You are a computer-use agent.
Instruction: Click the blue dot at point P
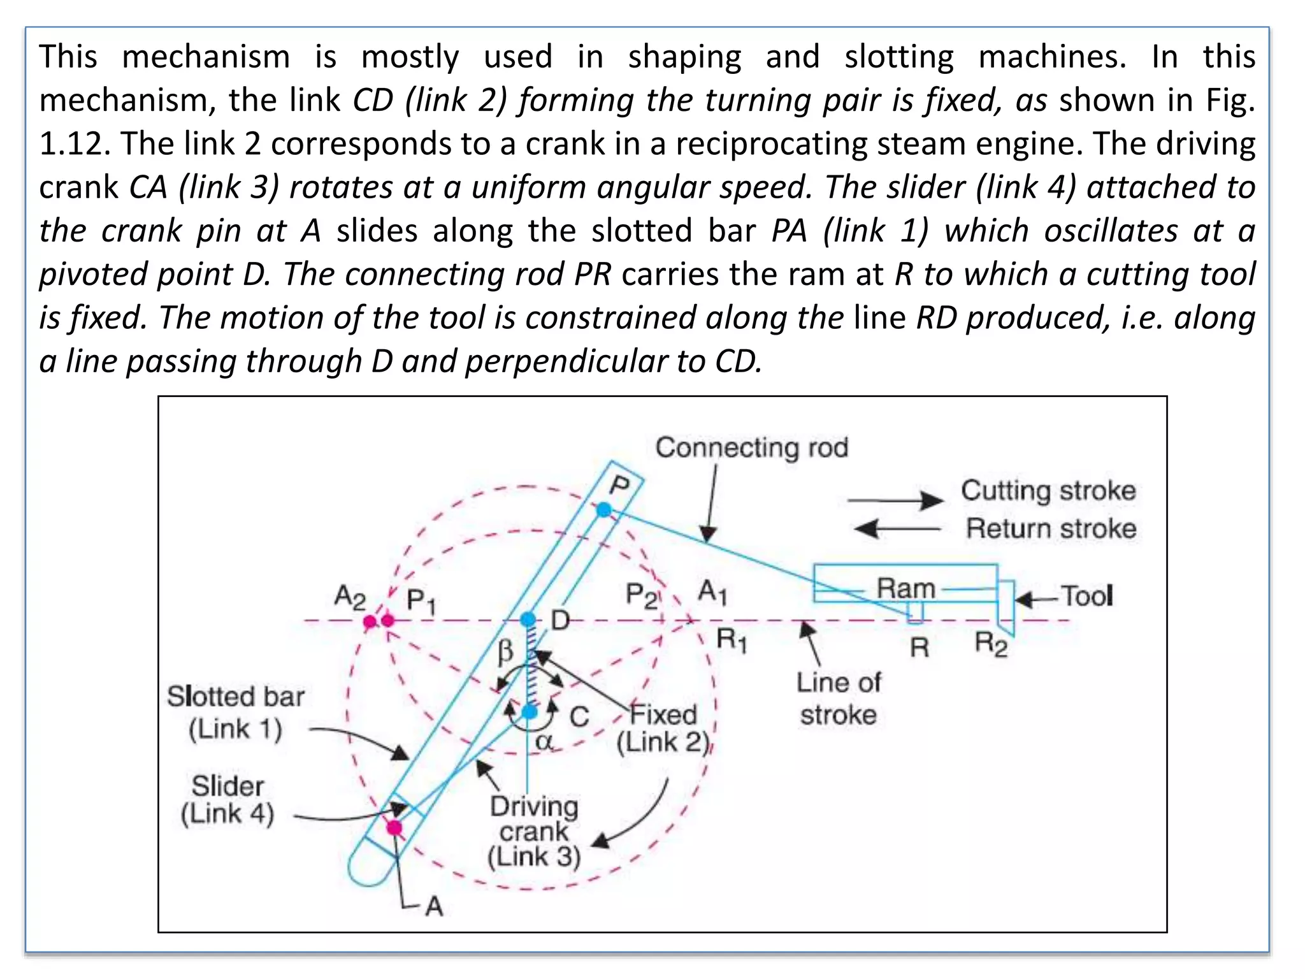pos(603,509)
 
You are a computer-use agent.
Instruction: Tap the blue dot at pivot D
pos(528,619)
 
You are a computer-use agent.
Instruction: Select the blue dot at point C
pos(530,712)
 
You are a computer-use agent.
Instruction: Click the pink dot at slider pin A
pos(395,827)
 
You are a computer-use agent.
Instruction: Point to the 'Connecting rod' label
pos(752,447)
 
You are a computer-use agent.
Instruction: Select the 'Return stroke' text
pos(1051,529)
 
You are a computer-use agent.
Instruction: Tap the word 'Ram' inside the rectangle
pos(905,588)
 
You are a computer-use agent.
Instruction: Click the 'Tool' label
pos(1086,597)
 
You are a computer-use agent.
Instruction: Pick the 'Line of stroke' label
pos(839,699)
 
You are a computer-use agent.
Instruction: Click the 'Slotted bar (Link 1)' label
pos(236,713)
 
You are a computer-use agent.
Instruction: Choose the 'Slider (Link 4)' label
pos(227,800)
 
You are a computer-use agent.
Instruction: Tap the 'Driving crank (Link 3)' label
pos(534,832)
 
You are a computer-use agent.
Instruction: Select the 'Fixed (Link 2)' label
pos(663,729)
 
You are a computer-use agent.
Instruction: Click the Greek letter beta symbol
pos(505,651)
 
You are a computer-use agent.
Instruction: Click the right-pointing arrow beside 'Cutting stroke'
pos(895,500)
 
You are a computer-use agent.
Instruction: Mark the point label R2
pos(991,644)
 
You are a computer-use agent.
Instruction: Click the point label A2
pos(350,597)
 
